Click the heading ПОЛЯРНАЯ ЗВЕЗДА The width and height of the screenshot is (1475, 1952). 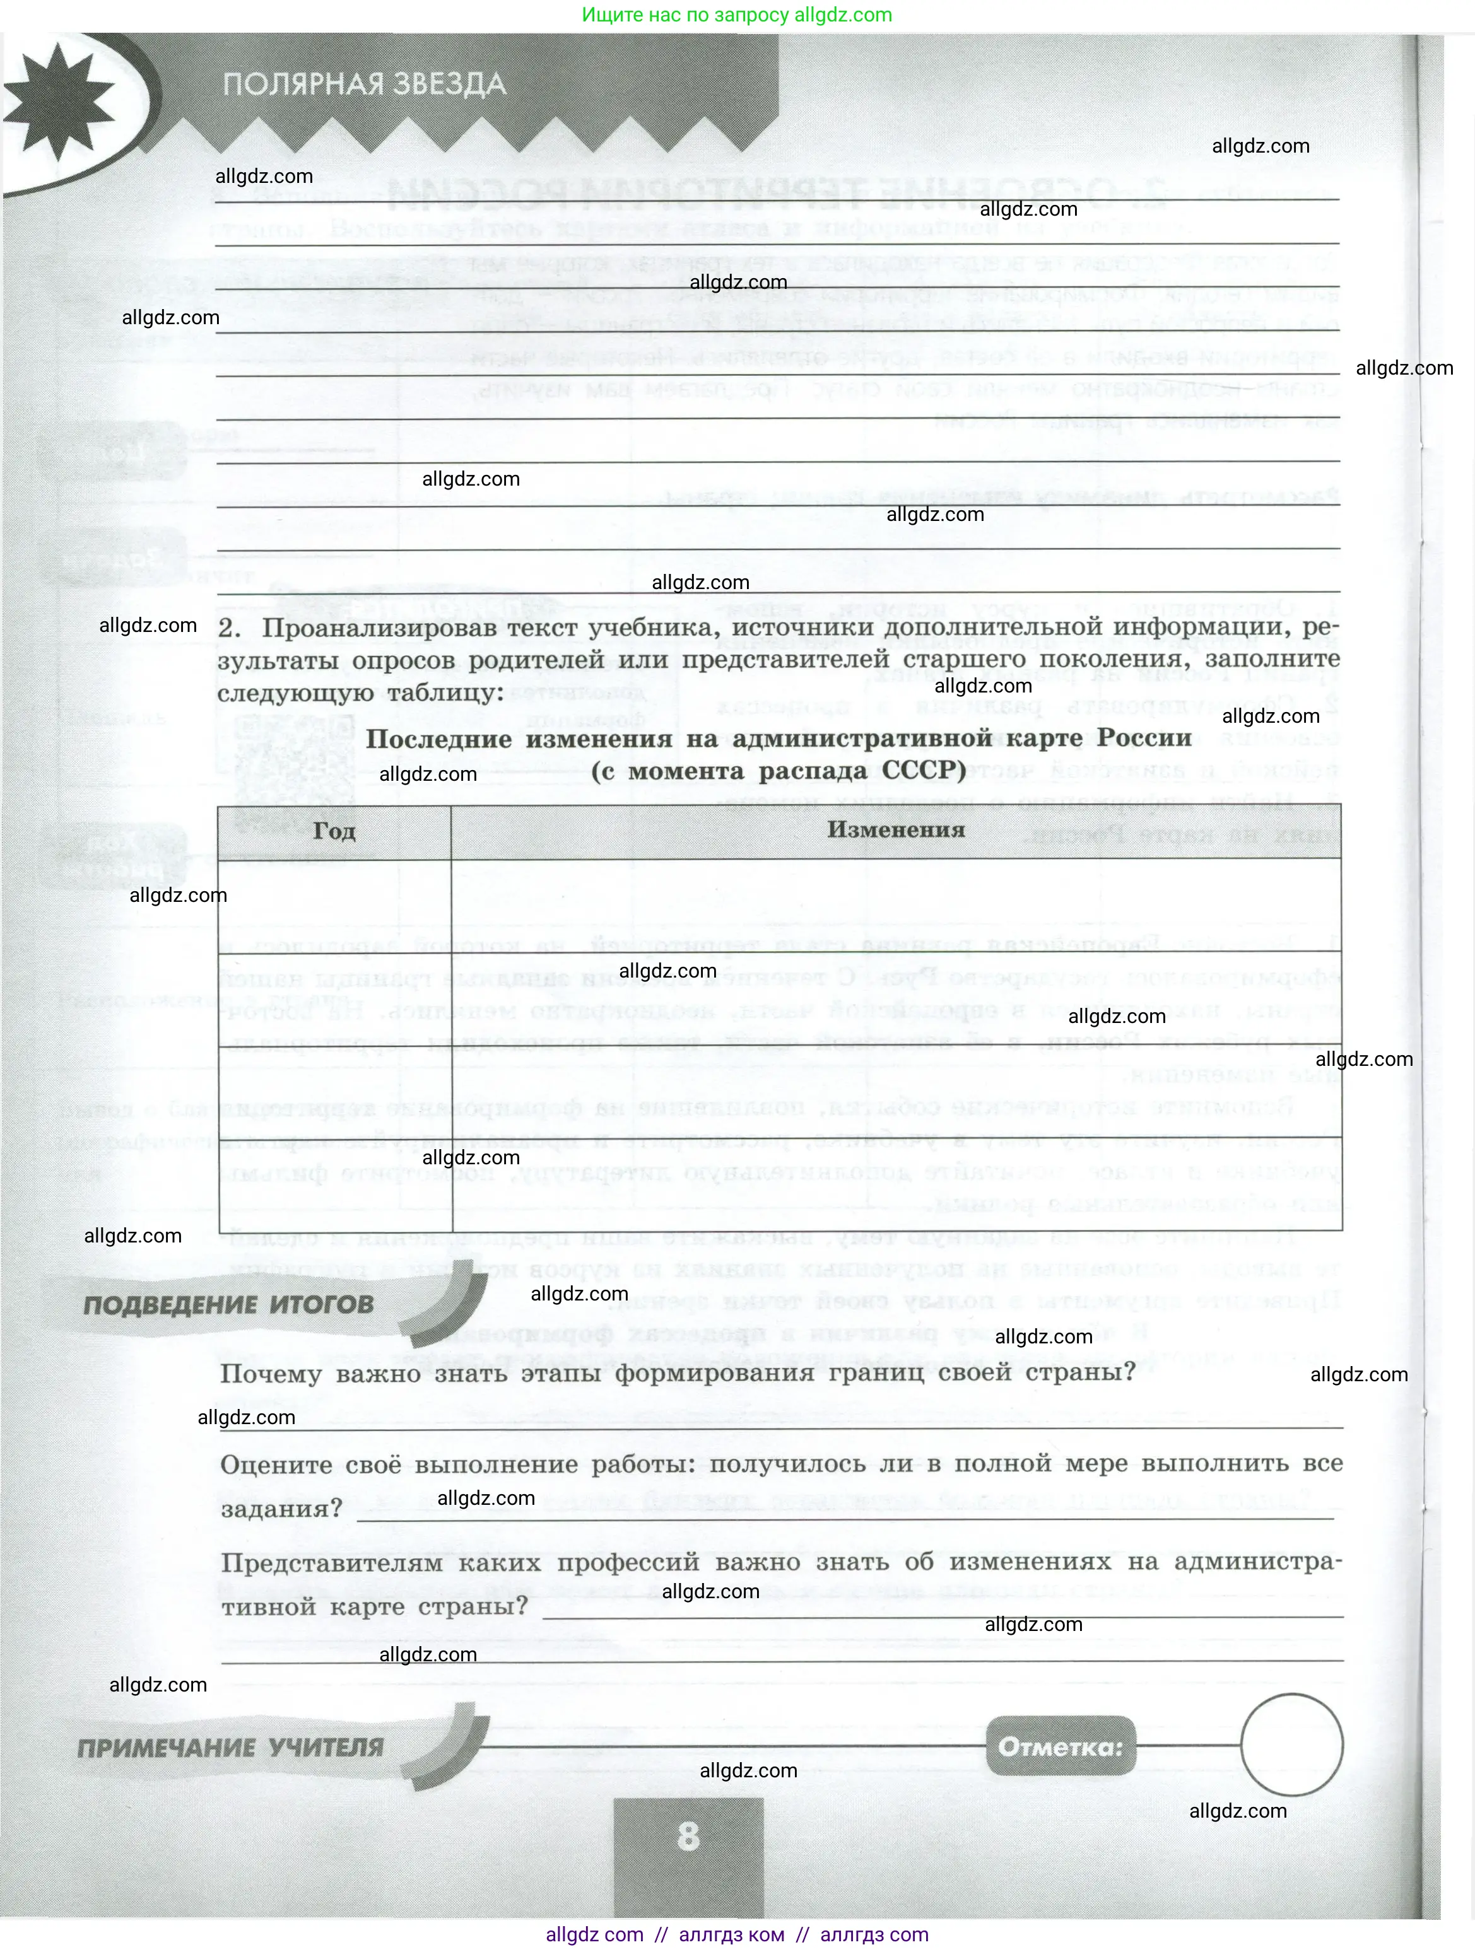click(x=363, y=85)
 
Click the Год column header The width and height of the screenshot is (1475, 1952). click(x=334, y=831)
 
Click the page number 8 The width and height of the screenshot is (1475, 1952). click(x=688, y=1837)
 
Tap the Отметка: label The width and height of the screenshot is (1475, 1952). click(x=1060, y=1746)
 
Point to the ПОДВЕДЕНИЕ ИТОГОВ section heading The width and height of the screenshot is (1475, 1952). click(x=228, y=1305)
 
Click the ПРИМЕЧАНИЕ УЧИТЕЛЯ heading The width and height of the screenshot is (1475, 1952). click(x=230, y=1747)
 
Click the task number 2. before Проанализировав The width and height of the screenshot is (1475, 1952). click(x=230, y=628)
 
